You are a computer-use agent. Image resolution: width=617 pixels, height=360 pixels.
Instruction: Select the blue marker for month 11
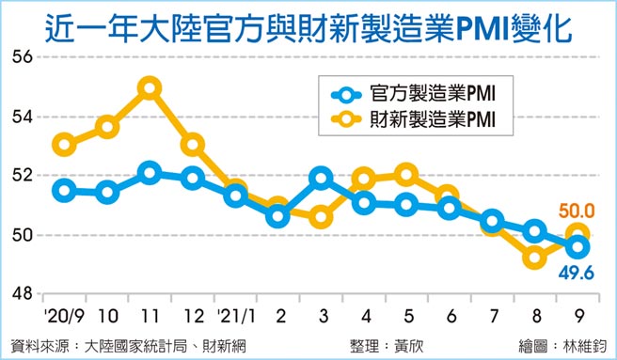pos(149,173)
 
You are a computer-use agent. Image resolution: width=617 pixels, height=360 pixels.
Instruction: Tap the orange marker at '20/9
pos(64,145)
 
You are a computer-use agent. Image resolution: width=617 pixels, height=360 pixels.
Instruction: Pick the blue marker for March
pos(321,177)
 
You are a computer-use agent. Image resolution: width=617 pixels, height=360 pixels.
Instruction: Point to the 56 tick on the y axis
pos(21,57)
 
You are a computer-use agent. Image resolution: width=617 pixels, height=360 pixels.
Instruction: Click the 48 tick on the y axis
pos(21,293)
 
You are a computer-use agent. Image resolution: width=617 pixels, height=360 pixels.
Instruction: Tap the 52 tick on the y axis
pos(21,176)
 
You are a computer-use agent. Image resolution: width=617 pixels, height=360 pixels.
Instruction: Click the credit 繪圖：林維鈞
pos(559,345)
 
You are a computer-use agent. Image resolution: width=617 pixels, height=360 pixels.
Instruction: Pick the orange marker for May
pos(406,174)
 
